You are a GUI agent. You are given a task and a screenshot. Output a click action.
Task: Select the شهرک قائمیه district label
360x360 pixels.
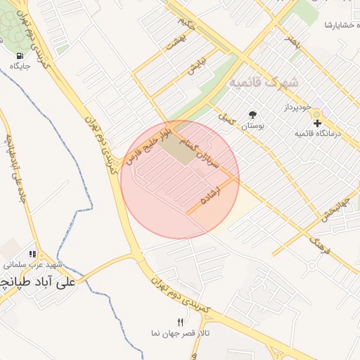point(264,82)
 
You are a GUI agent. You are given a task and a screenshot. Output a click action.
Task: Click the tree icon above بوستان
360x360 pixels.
point(252,115)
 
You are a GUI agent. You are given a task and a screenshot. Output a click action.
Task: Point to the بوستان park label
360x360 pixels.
point(252,126)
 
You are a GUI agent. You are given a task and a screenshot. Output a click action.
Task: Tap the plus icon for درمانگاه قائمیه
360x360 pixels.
point(317,123)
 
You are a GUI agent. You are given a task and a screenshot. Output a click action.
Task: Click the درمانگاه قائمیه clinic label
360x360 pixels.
point(317,133)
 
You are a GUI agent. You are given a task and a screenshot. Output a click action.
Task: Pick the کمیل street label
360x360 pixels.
point(226,118)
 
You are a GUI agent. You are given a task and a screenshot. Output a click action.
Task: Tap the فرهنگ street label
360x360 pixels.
point(319,246)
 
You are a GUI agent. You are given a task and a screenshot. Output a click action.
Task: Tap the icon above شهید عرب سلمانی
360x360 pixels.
point(32,254)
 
